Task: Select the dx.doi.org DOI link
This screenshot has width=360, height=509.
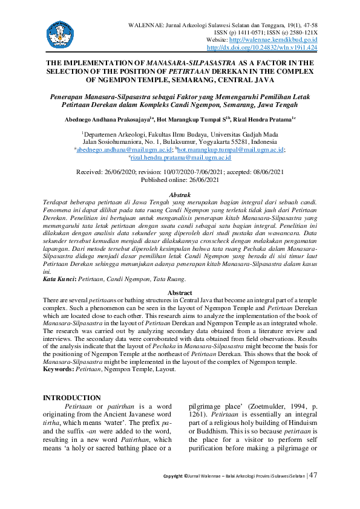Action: point(263,47)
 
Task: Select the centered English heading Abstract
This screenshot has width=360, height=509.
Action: point(180,293)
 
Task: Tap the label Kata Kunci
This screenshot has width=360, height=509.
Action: point(60,279)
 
